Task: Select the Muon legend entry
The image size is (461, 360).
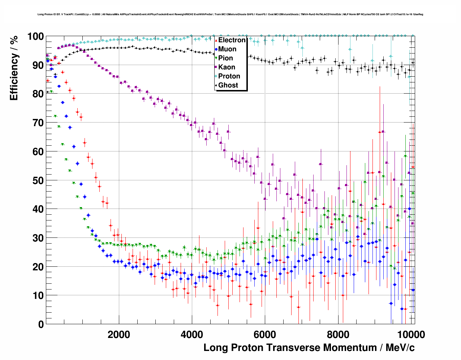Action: click(227, 49)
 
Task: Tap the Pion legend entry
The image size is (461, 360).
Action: click(225, 58)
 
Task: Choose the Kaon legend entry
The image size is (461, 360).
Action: click(227, 67)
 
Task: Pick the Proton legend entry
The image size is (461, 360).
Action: click(229, 76)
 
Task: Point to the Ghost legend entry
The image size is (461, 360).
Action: click(228, 85)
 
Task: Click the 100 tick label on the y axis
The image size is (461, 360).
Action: click(35, 37)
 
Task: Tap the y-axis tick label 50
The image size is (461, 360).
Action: click(38, 180)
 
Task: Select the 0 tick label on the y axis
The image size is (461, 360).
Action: click(41, 324)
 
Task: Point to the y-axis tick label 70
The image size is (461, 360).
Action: click(38, 123)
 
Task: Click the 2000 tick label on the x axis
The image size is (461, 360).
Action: click(119, 334)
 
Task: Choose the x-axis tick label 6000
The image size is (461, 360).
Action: click(265, 334)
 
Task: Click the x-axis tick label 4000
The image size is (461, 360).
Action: click(192, 334)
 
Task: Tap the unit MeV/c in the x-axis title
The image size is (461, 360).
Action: click(400, 348)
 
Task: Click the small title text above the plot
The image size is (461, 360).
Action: click(230, 14)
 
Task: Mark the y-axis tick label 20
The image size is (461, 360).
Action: click(38, 267)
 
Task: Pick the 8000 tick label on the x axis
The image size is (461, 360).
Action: click(338, 334)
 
